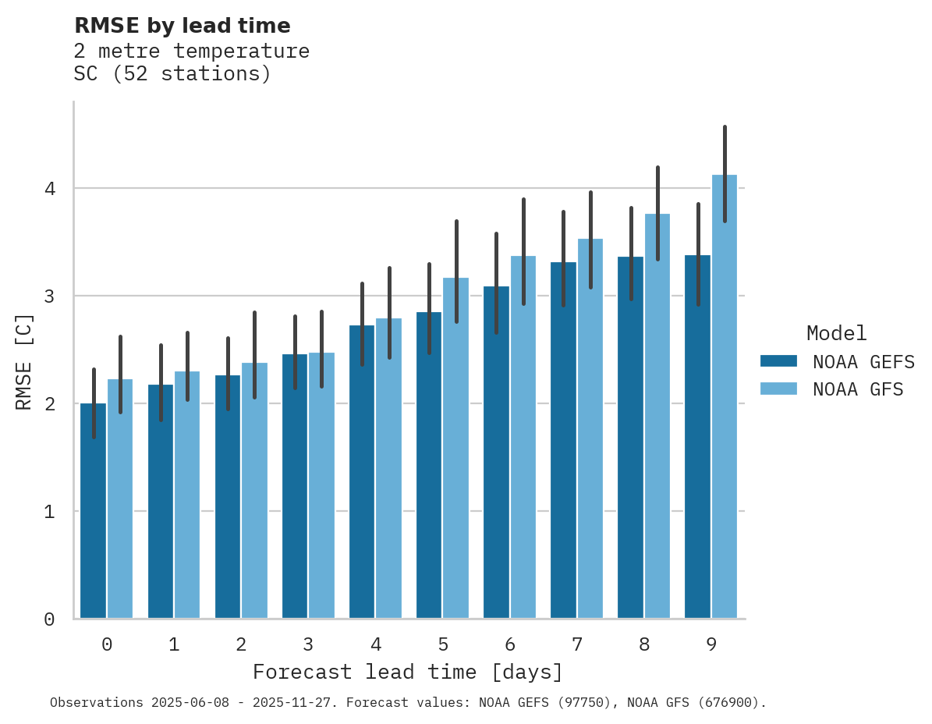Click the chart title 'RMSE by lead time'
click(x=182, y=26)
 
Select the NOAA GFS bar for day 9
click(x=725, y=398)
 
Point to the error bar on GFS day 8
click(x=657, y=213)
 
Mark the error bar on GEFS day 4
click(x=362, y=324)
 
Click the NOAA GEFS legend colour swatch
click(x=778, y=360)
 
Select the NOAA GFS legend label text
click(x=857, y=389)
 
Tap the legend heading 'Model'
click(x=836, y=333)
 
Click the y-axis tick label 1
click(x=49, y=512)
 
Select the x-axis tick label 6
click(x=510, y=644)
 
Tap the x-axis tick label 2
click(x=241, y=644)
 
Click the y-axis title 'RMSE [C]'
click(x=24, y=361)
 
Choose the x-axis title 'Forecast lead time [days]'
click(x=407, y=672)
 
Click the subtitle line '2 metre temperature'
click(x=191, y=51)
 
